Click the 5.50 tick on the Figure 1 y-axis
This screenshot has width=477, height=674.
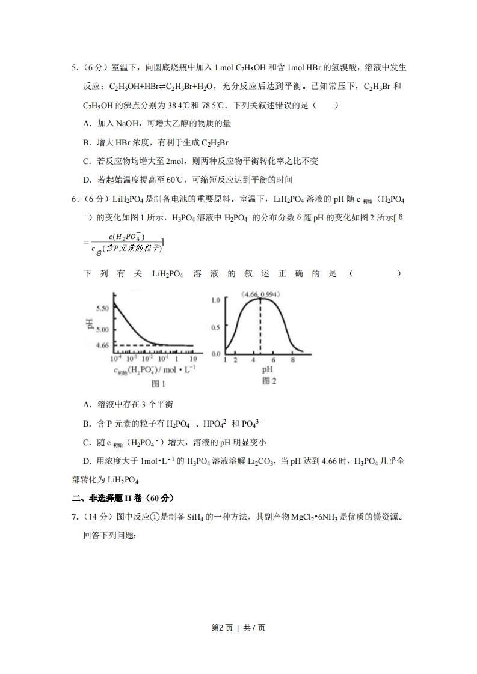point(102,308)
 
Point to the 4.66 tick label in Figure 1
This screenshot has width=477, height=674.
point(102,345)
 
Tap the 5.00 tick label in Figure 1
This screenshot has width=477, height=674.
point(102,329)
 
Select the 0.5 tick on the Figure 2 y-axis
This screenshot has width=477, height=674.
point(215,327)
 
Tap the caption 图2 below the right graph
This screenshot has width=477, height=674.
point(269,381)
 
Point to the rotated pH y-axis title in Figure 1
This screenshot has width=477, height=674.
point(90,325)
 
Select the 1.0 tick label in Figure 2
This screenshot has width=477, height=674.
point(215,300)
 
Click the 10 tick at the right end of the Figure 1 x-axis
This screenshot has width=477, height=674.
point(193,359)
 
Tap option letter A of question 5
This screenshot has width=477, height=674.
point(87,124)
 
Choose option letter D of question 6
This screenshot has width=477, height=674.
point(87,461)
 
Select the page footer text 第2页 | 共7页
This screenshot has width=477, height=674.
point(238,628)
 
